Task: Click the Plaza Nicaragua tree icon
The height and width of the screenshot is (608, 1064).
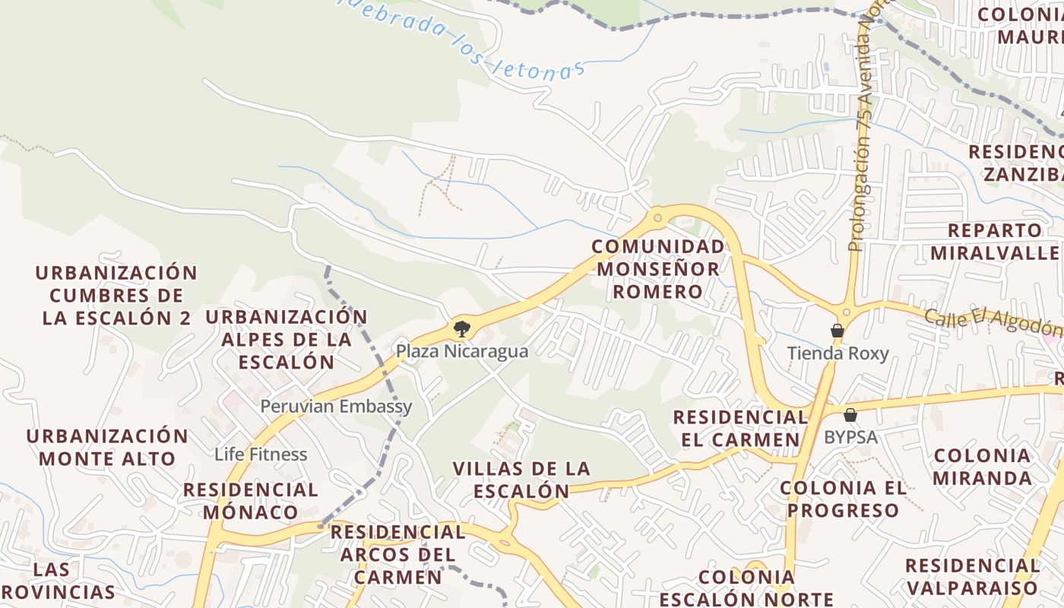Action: click(461, 329)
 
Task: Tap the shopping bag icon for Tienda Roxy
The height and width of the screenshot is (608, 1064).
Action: click(837, 331)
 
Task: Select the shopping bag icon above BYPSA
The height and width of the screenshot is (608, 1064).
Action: click(850, 415)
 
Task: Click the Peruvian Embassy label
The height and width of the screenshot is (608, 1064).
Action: click(336, 406)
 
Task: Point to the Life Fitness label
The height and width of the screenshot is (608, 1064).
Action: click(261, 454)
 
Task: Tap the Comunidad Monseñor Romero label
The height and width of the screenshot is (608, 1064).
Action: click(658, 269)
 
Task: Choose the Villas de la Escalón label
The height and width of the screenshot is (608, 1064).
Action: click(521, 480)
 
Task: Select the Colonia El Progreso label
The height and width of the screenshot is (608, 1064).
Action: click(844, 499)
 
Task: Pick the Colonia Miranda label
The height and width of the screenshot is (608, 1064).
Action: click(982, 467)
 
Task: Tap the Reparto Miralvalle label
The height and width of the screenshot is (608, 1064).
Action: click(996, 241)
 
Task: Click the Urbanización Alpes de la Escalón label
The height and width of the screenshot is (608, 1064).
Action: click(287, 339)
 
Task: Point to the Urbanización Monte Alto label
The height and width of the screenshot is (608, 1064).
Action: click(107, 447)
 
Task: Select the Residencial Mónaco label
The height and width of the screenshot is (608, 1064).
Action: click(250, 500)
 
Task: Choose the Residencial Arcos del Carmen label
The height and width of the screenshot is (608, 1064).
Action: click(397, 554)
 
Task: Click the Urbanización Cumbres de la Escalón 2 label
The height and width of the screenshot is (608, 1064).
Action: click(116, 295)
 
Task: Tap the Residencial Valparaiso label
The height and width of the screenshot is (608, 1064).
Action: click(972, 577)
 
